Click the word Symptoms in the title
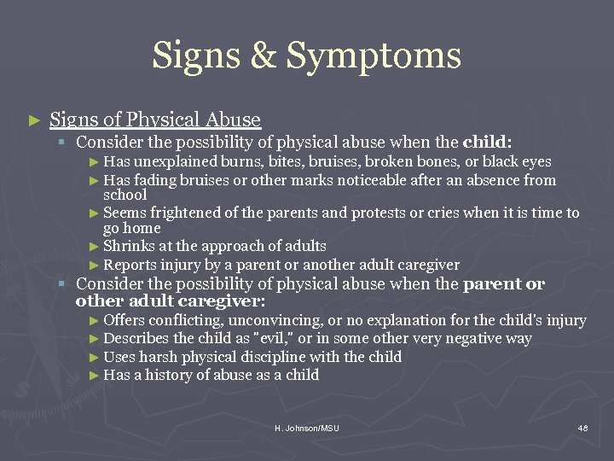[374, 56]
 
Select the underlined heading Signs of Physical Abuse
[155, 120]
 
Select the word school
[125, 194]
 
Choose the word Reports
[130, 265]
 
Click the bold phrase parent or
[503, 284]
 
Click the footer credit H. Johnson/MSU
[307, 428]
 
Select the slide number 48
[582, 428]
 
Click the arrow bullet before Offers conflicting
[95, 321]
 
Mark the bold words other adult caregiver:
[171, 301]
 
